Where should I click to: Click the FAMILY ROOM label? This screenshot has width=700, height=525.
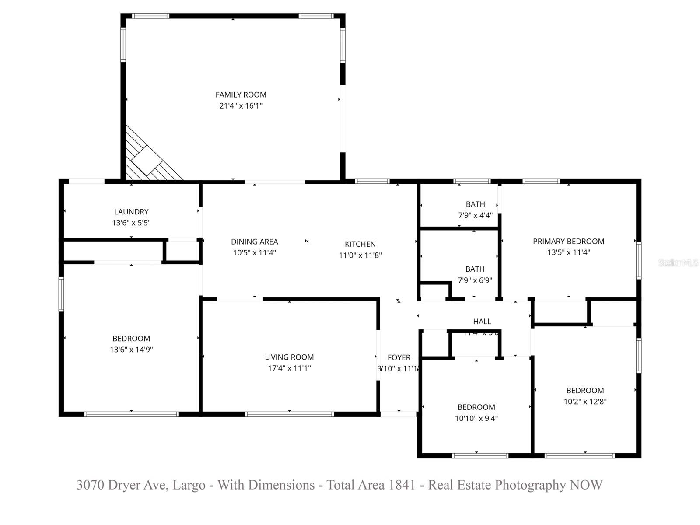[x=241, y=94]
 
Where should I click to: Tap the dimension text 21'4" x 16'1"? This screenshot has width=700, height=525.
[x=241, y=105]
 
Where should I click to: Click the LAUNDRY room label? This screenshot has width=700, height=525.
[x=131, y=212]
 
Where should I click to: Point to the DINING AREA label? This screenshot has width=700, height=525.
[x=254, y=241]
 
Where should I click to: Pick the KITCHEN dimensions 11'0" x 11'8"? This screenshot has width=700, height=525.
[x=360, y=255]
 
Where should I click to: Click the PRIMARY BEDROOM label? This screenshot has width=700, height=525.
[x=568, y=241]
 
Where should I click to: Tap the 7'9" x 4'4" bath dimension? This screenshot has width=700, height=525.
[x=475, y=215]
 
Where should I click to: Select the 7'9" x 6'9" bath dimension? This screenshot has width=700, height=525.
[x=475, y=280]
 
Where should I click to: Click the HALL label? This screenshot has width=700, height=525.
[x=482, y=322]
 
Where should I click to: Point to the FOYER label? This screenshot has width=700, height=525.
[x=399, y=357]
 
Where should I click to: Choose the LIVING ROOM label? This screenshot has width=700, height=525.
[x=289, y=357]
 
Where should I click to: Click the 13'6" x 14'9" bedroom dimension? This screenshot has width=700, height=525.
[x=131, y=350]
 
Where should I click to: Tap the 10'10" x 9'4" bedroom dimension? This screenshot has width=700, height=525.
[x=476, y=418]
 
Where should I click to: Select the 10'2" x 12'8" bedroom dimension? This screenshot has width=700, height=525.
[x=585, y=402]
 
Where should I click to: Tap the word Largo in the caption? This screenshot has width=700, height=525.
[x=189, y=485]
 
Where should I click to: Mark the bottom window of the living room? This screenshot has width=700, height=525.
[x=289, y=414]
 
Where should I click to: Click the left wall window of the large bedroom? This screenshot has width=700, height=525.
[x=61, y=294]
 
